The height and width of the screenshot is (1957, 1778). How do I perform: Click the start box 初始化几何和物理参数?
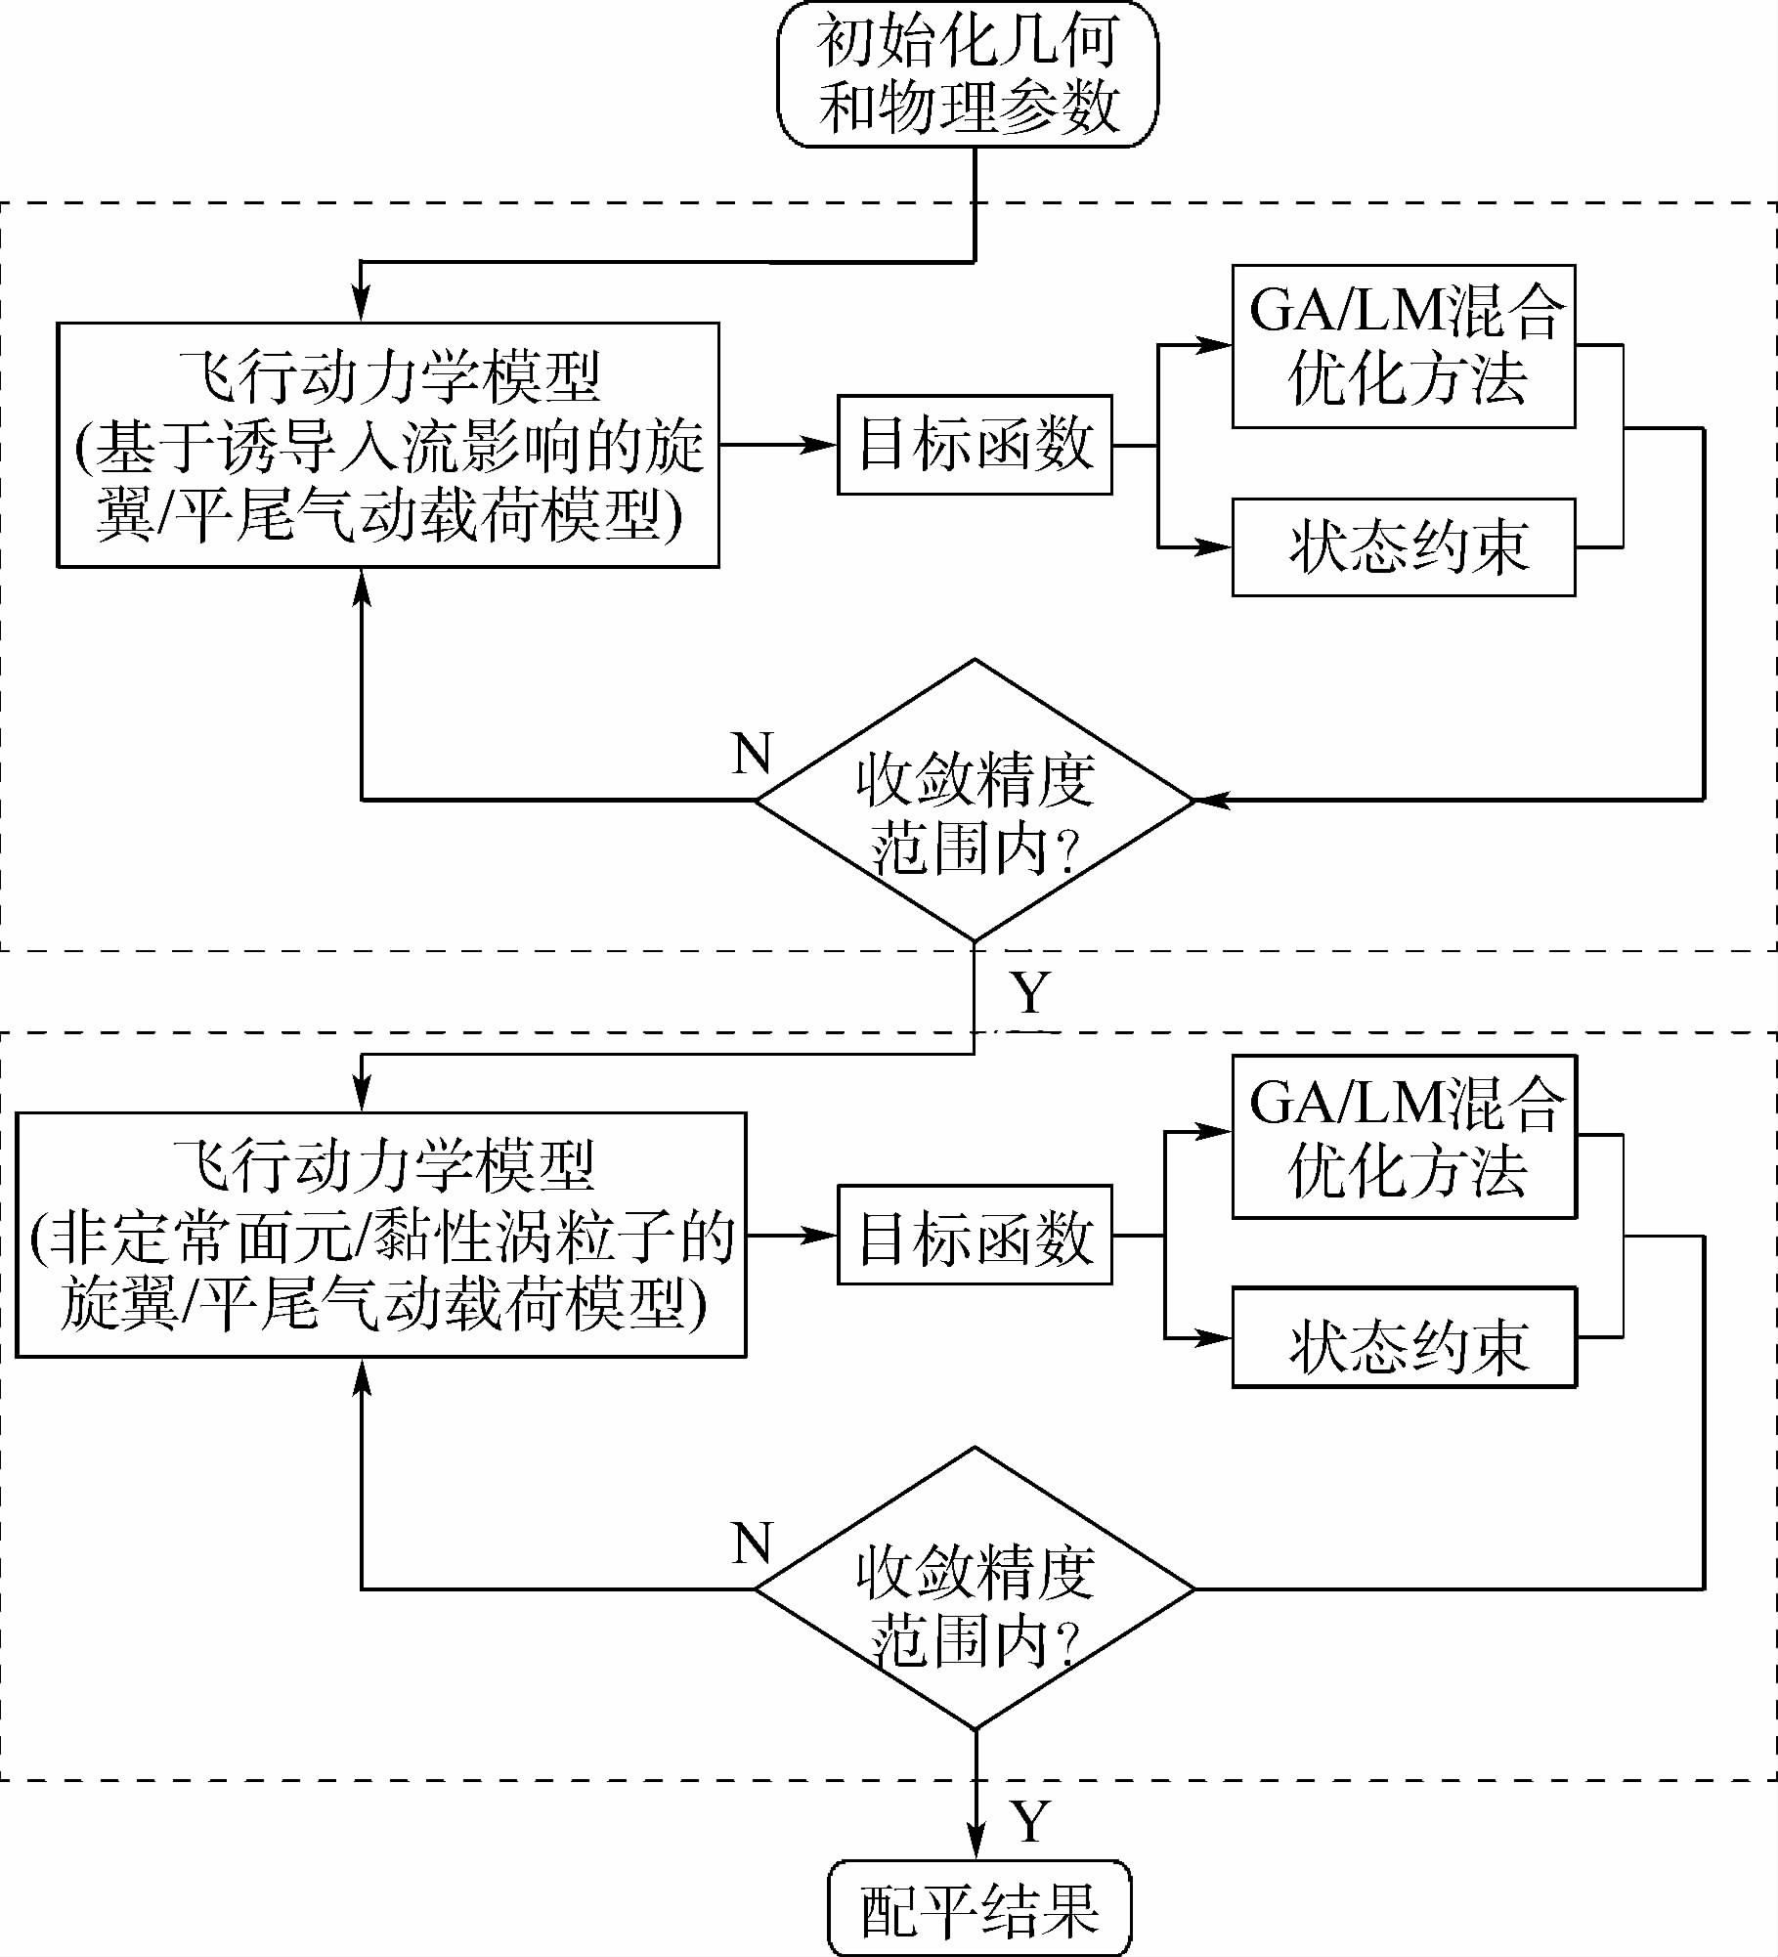pos(967,75)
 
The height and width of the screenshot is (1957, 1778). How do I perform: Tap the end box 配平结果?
pos(978,1908)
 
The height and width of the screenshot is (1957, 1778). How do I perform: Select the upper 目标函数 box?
pos(975,445)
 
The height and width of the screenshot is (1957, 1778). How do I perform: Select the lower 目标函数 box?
pos(975,1236)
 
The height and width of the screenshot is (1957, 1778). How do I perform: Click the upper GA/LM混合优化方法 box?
pos(1403,346)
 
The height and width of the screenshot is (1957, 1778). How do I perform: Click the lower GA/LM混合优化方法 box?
pos(1403,1137)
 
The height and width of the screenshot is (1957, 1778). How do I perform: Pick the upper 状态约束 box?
pos(1403,547)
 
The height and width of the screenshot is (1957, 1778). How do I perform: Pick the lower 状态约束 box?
pos(1403,1337)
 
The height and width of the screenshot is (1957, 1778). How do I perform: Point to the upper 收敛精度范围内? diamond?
pos(975,801)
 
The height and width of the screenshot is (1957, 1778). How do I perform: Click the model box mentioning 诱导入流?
pos(388,445)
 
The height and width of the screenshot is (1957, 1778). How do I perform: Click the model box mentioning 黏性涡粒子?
pos(381,1235)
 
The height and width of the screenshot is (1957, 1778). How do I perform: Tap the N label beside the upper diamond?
pos(752,754)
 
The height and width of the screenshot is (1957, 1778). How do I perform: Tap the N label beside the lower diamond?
pos(752,1544)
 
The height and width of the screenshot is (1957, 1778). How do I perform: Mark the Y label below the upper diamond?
pos(1030,993)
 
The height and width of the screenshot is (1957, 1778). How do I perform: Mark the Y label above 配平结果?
pos(1030,1822)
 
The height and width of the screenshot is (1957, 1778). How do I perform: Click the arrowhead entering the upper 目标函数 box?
pos(821,445)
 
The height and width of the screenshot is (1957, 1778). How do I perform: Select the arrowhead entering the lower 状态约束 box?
pos(1215,1337)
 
